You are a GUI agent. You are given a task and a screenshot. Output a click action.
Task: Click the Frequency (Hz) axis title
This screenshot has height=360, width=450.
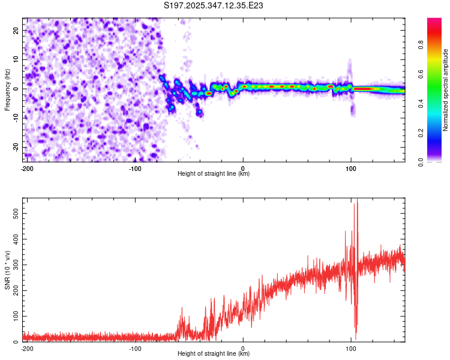[x=7, y=89]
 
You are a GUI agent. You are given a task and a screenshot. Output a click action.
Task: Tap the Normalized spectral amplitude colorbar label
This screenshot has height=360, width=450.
[x=445, y=89]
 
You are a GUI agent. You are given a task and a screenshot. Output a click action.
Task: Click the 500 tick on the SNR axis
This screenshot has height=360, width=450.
[x=15, y=213]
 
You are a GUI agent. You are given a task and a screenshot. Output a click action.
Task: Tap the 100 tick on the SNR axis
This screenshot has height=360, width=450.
[x=15, y=316]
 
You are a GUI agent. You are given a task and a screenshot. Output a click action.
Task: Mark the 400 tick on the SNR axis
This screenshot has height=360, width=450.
[x=15, y=239]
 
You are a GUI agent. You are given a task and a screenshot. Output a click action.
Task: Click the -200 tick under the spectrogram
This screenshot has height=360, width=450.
[x=27, y=168]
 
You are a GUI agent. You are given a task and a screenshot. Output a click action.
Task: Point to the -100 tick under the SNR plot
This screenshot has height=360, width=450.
[x=135, y=348]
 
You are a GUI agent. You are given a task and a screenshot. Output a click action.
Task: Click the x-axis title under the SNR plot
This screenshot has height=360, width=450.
[x=214, y=355]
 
